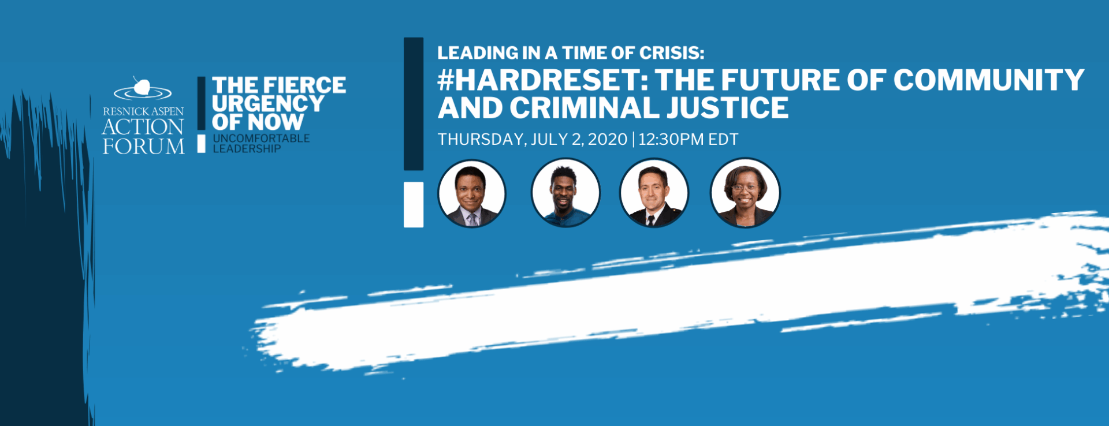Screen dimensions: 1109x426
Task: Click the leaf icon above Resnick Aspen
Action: [x=142, y=87]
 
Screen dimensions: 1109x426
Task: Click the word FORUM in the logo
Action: [x=144, y=147]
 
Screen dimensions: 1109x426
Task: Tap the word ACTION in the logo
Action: [x=143, y=127]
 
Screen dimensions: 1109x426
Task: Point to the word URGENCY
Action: [x=268, y=104]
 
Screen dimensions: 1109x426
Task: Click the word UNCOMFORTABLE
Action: [x=261, y=139]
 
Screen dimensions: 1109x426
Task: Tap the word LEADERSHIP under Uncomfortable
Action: [x=247, y=148]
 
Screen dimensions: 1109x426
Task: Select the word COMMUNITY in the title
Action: [x=989, y=80]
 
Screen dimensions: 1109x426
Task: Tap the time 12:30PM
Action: [x=670, y=140]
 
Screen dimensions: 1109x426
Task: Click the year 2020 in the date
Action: [x=607, y=140]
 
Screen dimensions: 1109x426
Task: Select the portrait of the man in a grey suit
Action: [x=471, y=193]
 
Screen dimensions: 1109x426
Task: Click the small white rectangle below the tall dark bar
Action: [x=414, y=204]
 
